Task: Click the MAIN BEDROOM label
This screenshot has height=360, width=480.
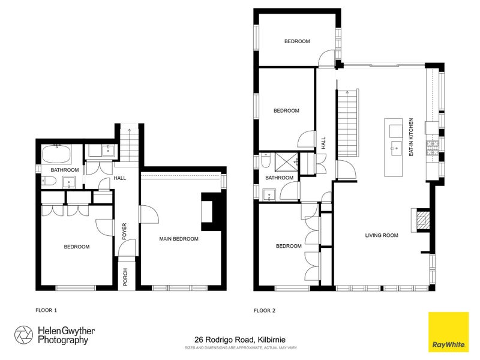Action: pyautogui.click(x=179, y=239)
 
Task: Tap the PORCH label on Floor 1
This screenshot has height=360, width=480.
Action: pyautogui.click(x=125, y=277)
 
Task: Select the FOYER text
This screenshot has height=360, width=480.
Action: pyautogui.click(x=124, y=231)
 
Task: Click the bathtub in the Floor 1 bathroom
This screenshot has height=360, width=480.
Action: pyautogui.click(x=57, y=154)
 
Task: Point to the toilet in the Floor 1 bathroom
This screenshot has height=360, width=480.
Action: pyautogui.click(x=49, y=182)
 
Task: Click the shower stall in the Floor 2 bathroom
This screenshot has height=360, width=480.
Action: pyautogui.click(x=286, y=162)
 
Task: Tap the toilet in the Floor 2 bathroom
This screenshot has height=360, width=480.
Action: pyautogui.click(x=266, y=160)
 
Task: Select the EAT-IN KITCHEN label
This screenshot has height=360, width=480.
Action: pyautogui.click(x=411, y=137)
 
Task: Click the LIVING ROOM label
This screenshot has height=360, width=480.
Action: pyautogui.click(x=382, y=235)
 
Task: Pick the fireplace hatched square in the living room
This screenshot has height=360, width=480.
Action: pyautogui.click(x=424, y=219)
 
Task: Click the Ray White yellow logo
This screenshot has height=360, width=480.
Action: pyautogui.click(x=448, y=332)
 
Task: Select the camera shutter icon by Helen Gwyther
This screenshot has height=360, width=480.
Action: pyautogui.click(x=23, y=335)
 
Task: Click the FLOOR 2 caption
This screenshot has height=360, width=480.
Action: pyautogui.click(x=265, y=310)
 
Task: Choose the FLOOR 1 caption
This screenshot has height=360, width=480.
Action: pyautogui.click(x=46, y=310)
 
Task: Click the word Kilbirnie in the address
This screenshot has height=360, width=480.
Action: pyautogui.click(x=272, y=340)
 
